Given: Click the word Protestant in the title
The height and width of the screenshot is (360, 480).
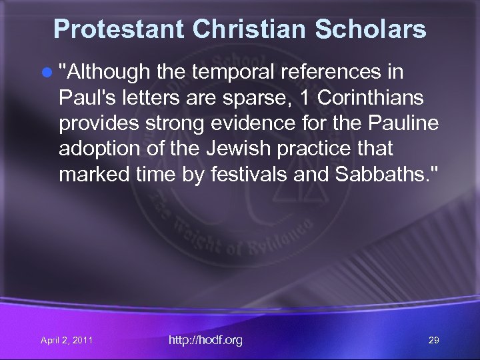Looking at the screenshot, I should tap(118, 29).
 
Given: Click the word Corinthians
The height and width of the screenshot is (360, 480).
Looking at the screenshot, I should tap(370, 97).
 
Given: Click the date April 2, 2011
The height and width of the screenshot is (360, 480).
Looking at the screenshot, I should tap(66, 341).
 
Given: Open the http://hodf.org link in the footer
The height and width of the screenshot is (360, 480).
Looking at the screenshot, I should tap(205, 340).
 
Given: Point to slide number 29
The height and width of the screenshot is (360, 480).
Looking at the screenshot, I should tap(433, 341).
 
